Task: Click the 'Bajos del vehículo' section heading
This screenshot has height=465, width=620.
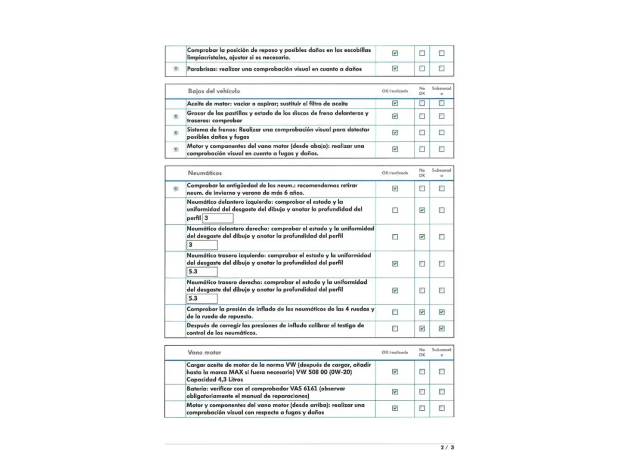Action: click(x=214, y=91)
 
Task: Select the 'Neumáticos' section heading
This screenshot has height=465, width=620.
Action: click(x=205, y=173)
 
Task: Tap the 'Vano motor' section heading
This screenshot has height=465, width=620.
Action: click(x=204, y=352)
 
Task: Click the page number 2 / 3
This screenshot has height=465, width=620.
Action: click(x=447, y=447)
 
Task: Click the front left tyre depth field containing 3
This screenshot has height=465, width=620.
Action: click(x=218, y=218)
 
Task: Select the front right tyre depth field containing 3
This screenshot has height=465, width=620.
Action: click(x=202, y=245)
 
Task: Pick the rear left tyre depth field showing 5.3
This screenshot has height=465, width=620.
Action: click(x=202, y=272)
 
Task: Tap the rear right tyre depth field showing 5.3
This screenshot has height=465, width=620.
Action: click(x=202, y=298)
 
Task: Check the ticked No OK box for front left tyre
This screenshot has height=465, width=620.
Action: click(x=422, y=210)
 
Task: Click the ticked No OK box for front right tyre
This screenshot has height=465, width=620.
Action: click(x=422, y=237)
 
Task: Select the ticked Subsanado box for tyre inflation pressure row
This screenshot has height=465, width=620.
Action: click(x=442, y=312)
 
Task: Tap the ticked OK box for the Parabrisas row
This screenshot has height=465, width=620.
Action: click(x=395, y=68)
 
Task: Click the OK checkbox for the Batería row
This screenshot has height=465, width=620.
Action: click(x=395, y=392)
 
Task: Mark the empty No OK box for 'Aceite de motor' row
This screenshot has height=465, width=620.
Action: click(x=422, y=103)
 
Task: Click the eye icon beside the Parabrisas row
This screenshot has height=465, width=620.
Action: click(x=176, y=69)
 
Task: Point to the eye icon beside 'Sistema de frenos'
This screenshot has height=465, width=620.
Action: click(x=176, y=133)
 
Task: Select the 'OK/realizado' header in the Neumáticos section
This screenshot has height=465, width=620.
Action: click(x=395, y=173)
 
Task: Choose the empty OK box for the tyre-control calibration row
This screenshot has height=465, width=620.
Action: click(x=395, y=329)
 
